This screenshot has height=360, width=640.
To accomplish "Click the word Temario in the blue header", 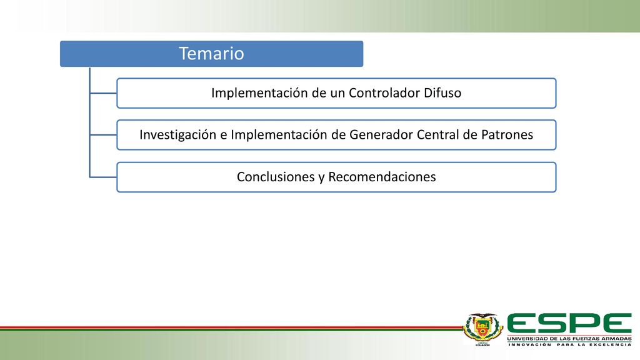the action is coord(211,54).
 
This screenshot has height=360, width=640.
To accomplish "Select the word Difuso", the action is coord(442,93).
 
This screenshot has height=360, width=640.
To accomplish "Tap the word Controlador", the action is coord(384,93).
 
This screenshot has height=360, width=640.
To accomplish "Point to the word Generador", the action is coord(381,135).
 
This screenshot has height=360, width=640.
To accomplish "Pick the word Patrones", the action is coord(507,135).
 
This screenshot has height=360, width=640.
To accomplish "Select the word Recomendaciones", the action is coord(382,177).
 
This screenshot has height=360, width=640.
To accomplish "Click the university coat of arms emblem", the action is coord(482,329).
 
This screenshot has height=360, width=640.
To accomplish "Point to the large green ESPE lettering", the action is coord(569,323).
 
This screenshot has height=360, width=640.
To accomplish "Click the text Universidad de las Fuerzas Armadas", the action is coord(569,339).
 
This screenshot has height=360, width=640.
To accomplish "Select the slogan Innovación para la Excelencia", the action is coord(569,344).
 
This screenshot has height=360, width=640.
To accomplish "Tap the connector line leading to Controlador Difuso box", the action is coord(103,93).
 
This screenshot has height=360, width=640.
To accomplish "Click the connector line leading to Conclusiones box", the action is coord(103,177).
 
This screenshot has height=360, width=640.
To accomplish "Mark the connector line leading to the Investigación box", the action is coord(103,135).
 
